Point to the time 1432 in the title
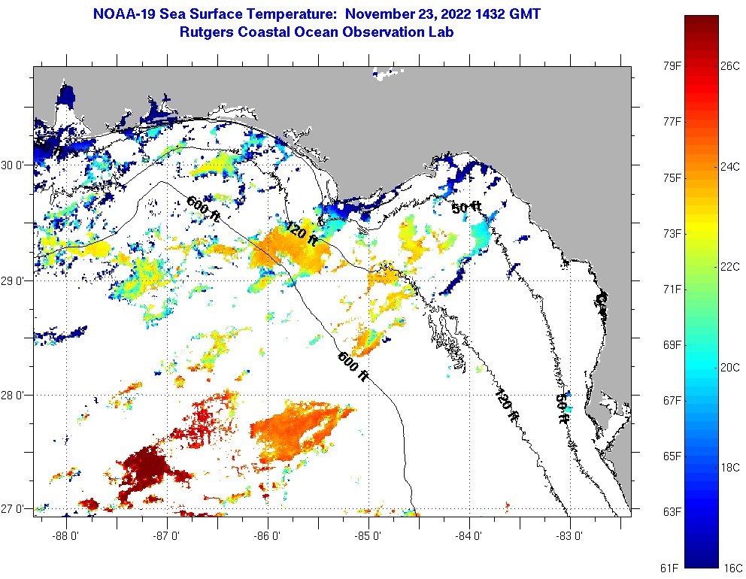pyautogui.click(x=490, y=14)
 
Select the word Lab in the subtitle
pyautogui.click(x=441, y=32)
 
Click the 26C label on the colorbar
pyautogui.click(x=730, y=65)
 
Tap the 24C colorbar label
pyautogui.click(x=730, y=166)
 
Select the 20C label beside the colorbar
pyautogui.click(x=730, y=367)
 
